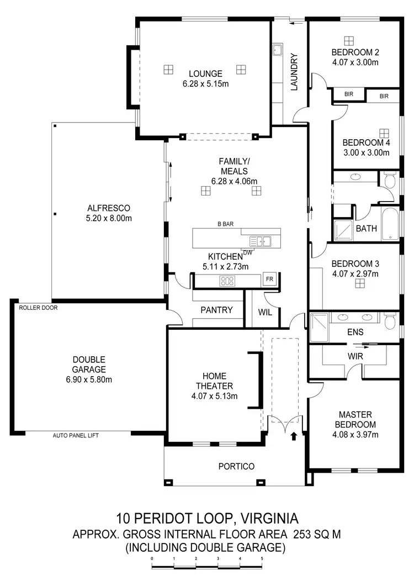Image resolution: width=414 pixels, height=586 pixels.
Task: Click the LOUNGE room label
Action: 205,73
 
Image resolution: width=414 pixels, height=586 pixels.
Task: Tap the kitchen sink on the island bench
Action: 260,241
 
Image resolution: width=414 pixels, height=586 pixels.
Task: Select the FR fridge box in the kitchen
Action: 270,279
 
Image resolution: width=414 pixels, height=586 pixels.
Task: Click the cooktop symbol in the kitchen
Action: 227,281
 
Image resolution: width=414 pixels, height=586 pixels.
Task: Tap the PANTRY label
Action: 216,310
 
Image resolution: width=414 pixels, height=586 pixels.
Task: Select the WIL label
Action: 266,312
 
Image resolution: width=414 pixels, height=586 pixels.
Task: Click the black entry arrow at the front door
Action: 293,436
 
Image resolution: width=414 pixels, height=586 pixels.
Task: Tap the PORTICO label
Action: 236,467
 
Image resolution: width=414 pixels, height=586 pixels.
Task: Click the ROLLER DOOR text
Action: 38,308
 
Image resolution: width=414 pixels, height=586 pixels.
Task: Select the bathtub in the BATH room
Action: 390,223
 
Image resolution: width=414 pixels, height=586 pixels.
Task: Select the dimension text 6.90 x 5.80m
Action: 88,379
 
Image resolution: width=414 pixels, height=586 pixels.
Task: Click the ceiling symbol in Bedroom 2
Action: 348,40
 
